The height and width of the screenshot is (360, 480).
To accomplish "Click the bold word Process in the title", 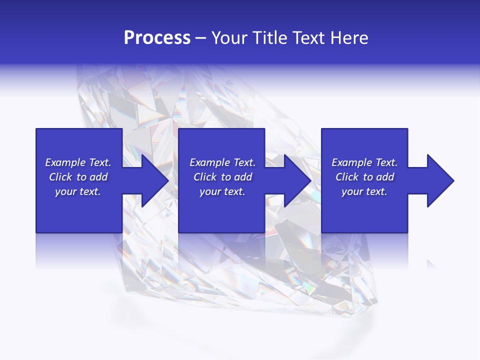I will pyautogui.click(x=157, y=38).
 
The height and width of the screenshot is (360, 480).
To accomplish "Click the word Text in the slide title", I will pyautogui.click(x=310, y=38).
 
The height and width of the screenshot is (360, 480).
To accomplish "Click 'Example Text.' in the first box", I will pyautogui.click(x=78, y=162).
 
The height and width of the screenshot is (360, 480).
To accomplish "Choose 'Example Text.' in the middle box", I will pyautogui.click(x=222, y=162).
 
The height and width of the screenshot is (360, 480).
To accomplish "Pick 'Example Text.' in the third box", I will pyautogui.click(x=364, y=162).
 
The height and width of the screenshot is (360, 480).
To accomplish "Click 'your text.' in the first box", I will pyautogui.click(x=78, y=191).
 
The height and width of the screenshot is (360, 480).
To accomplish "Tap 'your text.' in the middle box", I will pyautogui.click(x=222, y=191).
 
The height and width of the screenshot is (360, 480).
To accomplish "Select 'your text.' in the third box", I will pyautogui.click(x=364, y=191).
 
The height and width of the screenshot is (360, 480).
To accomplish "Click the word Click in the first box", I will pyautogui.click(x=60, y=177).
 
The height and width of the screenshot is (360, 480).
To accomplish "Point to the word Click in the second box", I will pyautogui.click(x=205, y=177).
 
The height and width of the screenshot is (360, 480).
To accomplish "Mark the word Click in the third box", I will pyautogui.click(x=347, y=177).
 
